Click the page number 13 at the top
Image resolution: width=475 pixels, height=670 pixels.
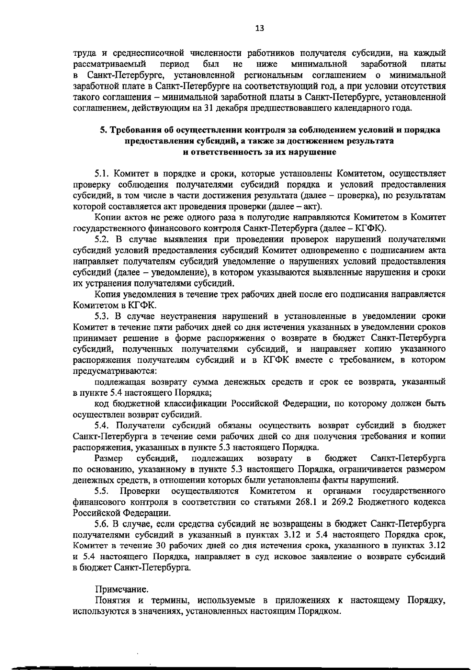259,28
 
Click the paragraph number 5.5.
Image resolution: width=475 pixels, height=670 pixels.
101,491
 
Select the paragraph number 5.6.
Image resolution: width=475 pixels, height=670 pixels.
101,524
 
